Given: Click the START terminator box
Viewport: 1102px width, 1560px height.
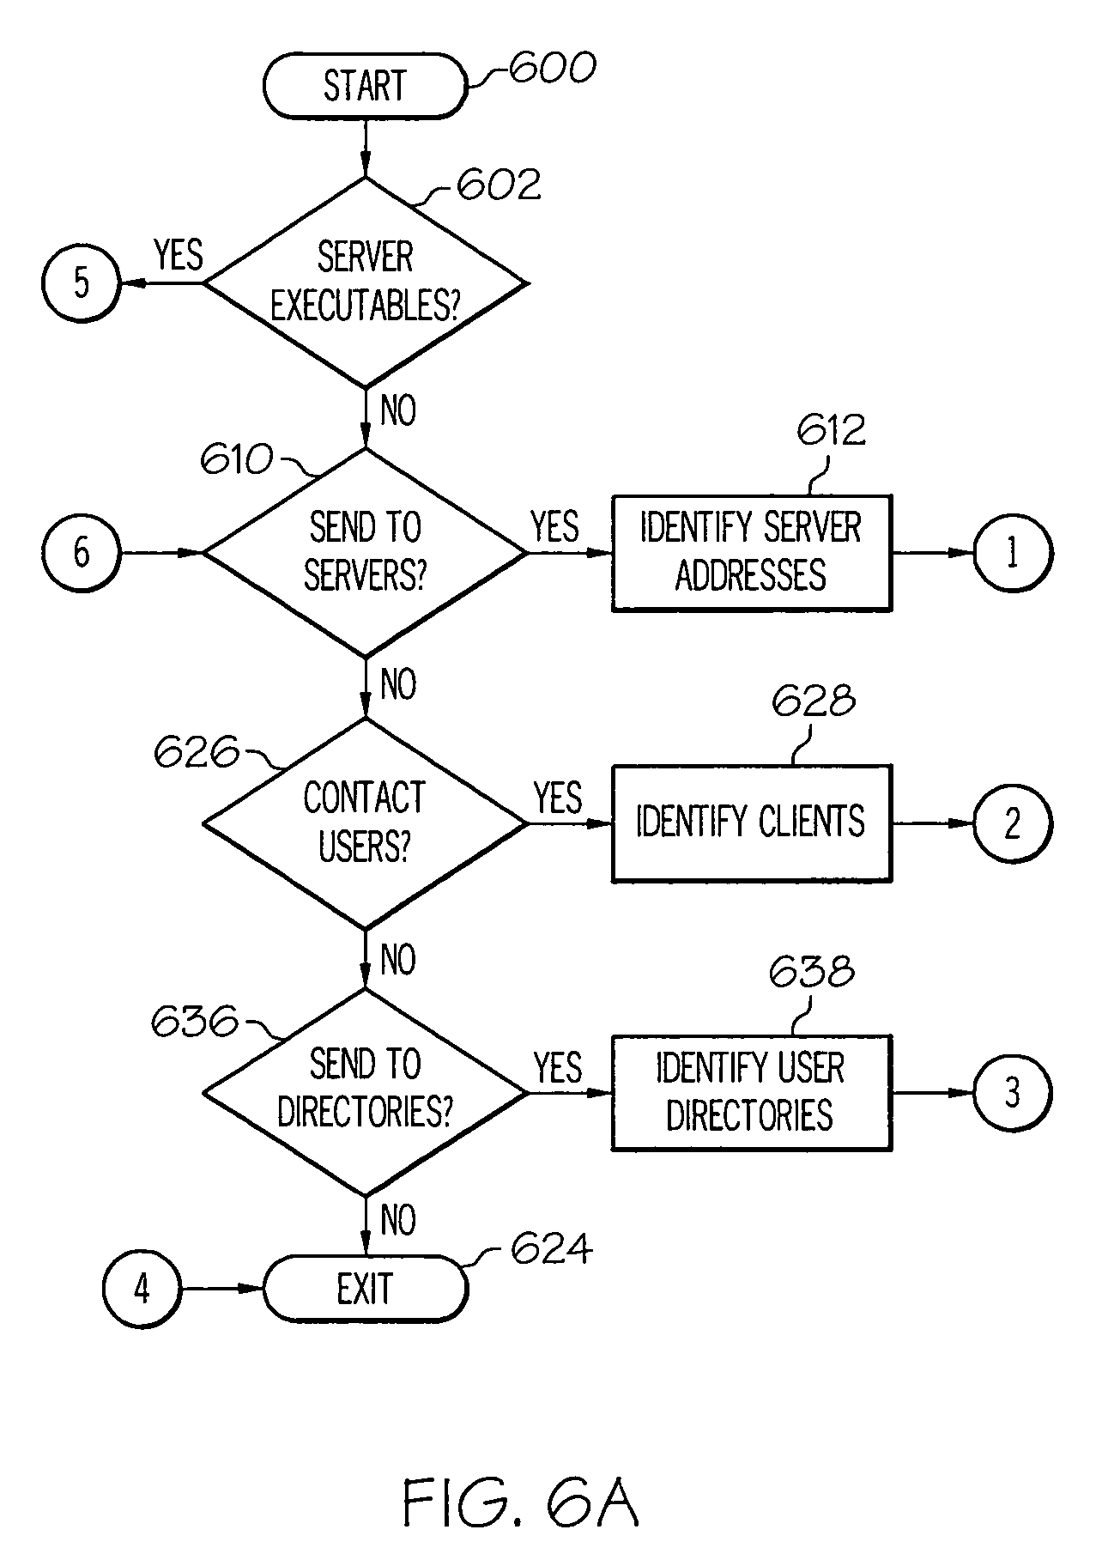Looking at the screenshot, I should pyautogui.click(x=365, y=86).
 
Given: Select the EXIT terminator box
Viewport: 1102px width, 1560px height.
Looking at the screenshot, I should pyautogui.click(x=365, y=1289).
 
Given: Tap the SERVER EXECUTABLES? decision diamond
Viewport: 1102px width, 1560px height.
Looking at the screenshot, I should pyautogui.click(x=365, y=282).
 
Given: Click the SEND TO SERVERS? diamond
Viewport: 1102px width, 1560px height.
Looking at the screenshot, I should pyautogui.click(x=365, y=552).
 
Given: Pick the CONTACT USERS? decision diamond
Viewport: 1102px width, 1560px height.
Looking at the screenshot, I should pyautogui.click(x=365, y=822).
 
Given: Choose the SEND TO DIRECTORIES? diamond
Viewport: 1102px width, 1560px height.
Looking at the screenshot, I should pyautogui.click(x=365, y=1091).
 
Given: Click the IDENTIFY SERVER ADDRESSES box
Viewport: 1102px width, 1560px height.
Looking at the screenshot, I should pyautogui.click(x=751, y=552).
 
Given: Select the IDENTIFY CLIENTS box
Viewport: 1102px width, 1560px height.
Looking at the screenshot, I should pyautogui.click(x=751, y=822).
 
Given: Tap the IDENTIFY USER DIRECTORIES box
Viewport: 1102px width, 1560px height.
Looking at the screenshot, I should pyautogui.click(x=751, y=1092).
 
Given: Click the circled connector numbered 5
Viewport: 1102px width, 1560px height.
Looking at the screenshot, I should pyautogui.click(x=81, y=282).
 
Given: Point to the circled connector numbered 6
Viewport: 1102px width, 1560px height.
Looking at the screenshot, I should pyautogui.click(x=81, y=552).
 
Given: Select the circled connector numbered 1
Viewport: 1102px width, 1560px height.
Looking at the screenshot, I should pyautogui.click(x=1012, y=552).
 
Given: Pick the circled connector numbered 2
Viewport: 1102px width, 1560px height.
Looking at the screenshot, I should pyautogui.click(x=1012, y=822).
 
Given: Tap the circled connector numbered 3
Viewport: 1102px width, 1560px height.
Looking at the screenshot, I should pyautogui.click(x=1012, y=1093).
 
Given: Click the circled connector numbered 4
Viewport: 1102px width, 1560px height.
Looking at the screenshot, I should pyautogui.click(x=142, y=1289).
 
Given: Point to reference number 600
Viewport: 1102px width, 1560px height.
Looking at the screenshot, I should pyautogui.click(x=552, y=68).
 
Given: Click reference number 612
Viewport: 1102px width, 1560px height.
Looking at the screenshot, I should pyautogui.click(x=831, y=430).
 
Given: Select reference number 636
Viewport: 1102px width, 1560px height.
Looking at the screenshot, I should pyautogui.click(x=195, y=1023).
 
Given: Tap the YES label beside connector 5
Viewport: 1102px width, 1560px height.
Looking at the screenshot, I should pyautogui.click(x=179, y=255).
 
